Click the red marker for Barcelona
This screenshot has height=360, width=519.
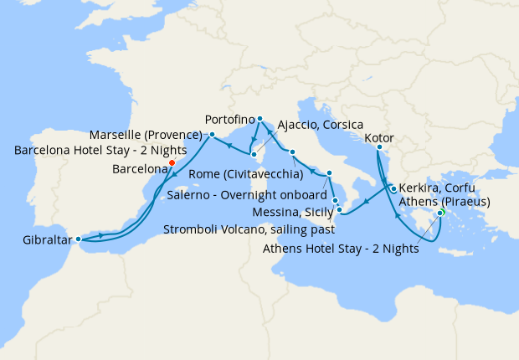172,163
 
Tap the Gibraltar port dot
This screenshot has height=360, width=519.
79,239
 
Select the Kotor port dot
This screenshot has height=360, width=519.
378,148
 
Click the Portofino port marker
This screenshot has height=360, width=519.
260,118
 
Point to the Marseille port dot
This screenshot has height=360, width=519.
212,134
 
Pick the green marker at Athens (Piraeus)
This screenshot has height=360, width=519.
440,213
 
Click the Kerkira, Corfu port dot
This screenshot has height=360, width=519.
393,189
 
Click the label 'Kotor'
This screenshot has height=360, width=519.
380,138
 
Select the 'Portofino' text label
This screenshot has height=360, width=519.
229,119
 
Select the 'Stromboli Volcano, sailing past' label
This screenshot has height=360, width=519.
249,228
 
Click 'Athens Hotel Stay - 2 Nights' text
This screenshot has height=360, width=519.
341,247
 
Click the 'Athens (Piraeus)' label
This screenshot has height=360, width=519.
444,201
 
